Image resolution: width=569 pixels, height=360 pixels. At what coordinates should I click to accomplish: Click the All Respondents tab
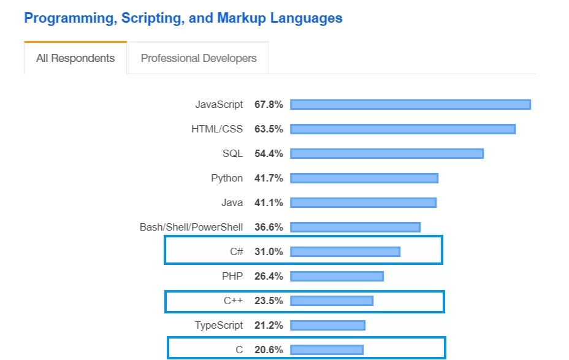[x=75, y=58]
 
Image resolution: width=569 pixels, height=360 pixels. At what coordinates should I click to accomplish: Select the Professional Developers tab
[x=199, y=58]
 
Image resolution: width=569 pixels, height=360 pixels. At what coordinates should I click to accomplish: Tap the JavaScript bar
[x=410, y=105]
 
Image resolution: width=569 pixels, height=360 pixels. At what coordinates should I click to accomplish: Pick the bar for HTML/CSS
[x=403, y=129]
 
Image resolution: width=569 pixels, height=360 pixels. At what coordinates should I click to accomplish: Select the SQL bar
[x=387, y=153]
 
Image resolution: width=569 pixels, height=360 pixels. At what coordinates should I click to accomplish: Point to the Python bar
[x=364, y=178]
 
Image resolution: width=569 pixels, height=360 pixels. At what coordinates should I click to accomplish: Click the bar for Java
[x=363, y=202]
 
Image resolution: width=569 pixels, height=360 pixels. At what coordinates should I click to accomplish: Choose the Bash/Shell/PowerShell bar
[x=355, y=227]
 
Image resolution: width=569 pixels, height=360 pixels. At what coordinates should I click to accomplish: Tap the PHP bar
[x=337, y=276]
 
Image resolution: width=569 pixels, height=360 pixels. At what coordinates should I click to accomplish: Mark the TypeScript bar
[x=327, y=325]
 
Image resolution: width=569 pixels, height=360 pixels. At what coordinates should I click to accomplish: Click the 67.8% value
[x=269, y=105]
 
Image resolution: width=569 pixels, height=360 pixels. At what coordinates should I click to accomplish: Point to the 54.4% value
[x=269, y=153]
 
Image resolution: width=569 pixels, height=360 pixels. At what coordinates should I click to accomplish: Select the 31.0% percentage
[x=269, y=251]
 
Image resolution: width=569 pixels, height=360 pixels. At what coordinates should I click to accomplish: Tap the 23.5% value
[x=269, y=301]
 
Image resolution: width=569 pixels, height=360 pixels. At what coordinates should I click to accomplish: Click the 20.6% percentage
[x=269, y=350]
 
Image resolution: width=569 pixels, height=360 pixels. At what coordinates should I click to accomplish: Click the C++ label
[x=233, y=301]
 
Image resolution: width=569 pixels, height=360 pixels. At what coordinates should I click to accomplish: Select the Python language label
[x=227, y=178]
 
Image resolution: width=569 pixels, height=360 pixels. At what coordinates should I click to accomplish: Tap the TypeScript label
[x=219, y=325]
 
